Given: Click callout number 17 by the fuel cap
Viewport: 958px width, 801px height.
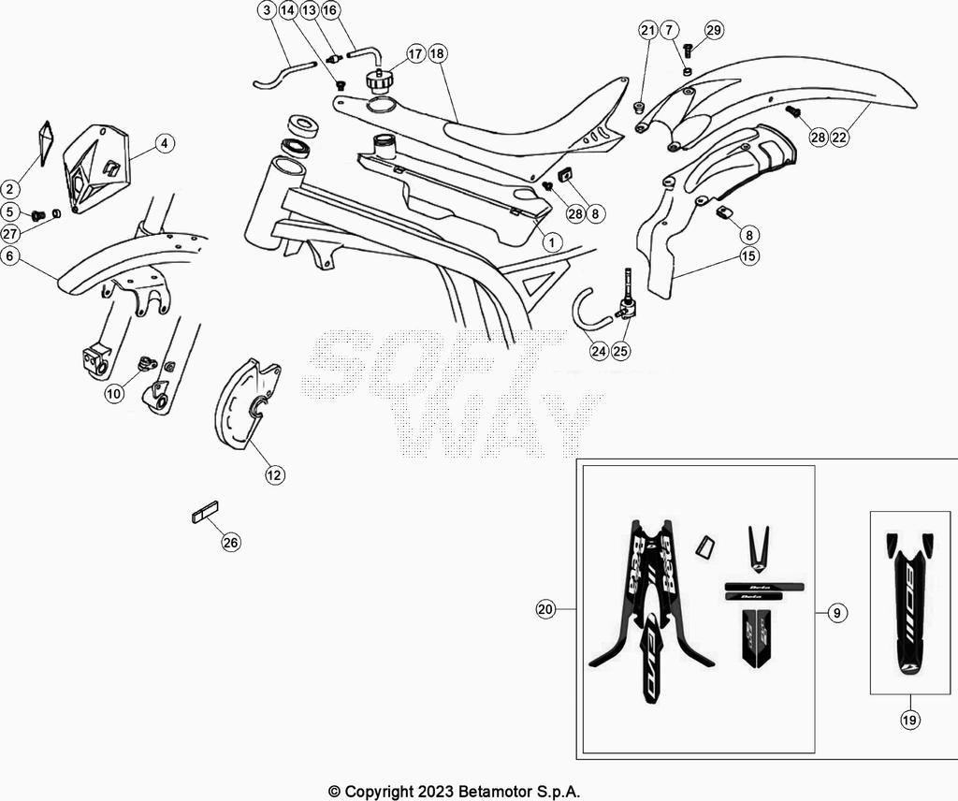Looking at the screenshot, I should (415, 53).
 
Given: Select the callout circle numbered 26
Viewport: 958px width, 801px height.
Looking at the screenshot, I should (231, 543).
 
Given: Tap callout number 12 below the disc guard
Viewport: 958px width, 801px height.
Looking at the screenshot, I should (273, 475).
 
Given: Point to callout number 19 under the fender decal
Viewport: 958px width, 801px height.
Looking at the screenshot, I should (910, 721).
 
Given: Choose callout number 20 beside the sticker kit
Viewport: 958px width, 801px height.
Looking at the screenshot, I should (545, 609).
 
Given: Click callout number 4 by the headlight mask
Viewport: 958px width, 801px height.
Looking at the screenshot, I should (164, 144).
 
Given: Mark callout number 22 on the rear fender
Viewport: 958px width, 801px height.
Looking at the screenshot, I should (839, 138).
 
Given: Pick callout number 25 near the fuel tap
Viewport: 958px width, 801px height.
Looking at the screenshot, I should (621, 352).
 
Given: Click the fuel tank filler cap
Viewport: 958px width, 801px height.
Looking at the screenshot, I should (380, 79).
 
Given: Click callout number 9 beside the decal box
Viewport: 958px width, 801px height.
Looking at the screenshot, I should (837, 614).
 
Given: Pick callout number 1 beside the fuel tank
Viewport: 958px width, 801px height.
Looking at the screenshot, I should (551, 242).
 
